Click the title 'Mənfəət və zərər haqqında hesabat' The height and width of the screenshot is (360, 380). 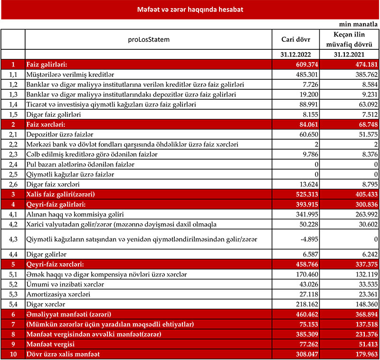[x=190, y=9]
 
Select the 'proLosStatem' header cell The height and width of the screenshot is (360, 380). [x=149, y=39]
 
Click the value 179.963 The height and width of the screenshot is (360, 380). [x=363, y=354]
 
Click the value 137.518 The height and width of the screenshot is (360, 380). [x=363, y=324]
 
